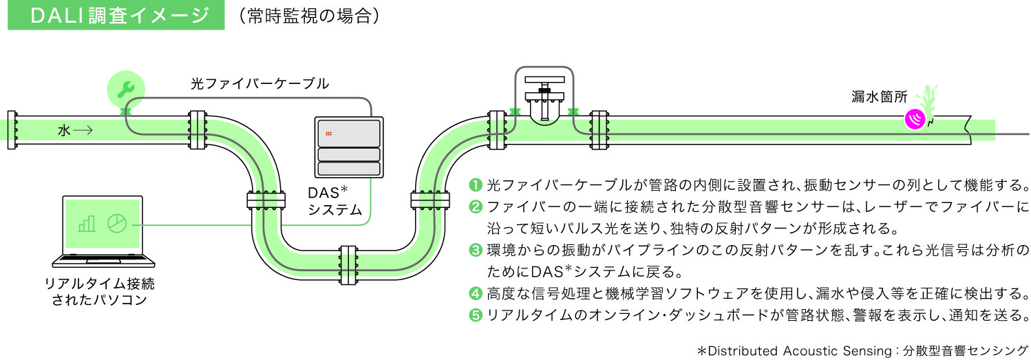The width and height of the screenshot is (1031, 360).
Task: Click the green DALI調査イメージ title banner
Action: point(116,15)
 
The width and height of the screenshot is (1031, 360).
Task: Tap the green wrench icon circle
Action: point(126,88)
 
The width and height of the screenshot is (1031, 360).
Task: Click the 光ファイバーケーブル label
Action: point(259,84)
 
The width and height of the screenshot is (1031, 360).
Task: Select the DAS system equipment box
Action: point(348,147)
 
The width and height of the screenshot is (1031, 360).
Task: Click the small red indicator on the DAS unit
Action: point(330,132)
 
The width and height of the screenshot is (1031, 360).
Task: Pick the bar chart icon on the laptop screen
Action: point(87,224)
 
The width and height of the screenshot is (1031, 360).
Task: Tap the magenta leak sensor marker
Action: point(915,119)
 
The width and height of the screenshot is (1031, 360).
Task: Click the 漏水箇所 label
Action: point(879,98)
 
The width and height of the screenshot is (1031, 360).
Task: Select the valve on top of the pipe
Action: point(544,96)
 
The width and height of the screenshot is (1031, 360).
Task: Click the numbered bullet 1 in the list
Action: point(475,185)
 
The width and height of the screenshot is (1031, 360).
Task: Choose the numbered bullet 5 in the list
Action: point(475,315)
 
